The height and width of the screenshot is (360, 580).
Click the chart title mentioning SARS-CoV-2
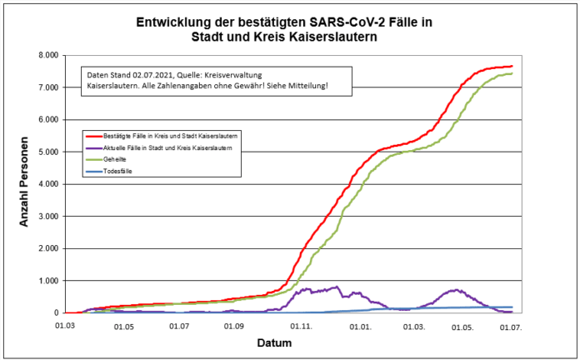point(290,28)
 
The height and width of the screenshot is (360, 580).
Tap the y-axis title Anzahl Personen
point(24,184)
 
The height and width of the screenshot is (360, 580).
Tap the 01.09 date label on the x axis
point(235,327)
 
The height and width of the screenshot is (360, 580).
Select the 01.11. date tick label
point(302,327)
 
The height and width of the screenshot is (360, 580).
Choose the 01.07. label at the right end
point(511,327)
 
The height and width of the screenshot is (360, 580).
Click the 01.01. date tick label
point(360,327)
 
